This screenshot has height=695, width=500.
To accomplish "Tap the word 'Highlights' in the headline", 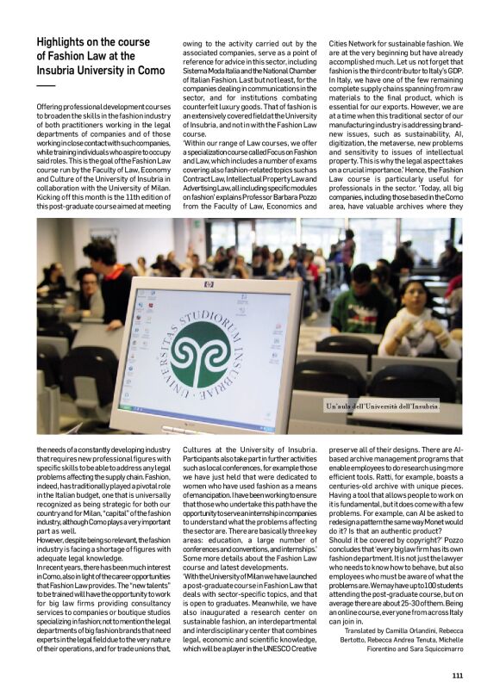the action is (x=67, y=41).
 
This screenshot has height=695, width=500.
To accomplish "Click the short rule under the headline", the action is (x=45, y=86).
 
